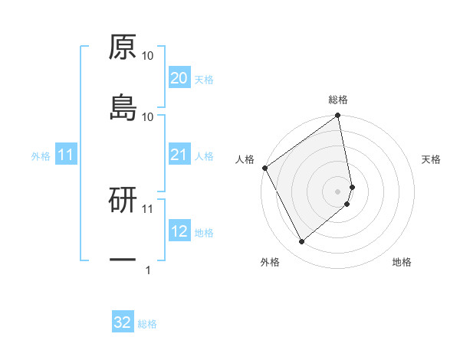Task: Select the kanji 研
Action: click(x=123, y=201)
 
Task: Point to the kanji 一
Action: click(x=123, y=260)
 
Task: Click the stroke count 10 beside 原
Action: click(x=148, y=56)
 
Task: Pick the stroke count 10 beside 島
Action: click(x=148, y=116)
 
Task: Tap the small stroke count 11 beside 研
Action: click(x=148, y=208)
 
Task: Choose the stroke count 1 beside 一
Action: click(x=148, y=270)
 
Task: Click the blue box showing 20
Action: click(x=179, y=78)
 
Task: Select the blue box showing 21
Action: click(x=179, y=155)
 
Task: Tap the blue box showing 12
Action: click(x=179, y=231)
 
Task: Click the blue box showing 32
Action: click(x=123, y=322)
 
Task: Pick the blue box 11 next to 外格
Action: click(x=66, y=155)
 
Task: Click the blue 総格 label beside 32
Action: click(x=147, y=324)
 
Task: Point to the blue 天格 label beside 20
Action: click(x=204, y=79)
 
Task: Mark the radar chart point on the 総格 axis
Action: click(x=337, y=116)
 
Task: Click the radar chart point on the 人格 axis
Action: click(x=264, y=168)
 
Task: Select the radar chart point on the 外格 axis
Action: click(x=301, y=241)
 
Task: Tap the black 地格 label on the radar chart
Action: click(x=402, y=263)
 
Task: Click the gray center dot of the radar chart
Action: click(x=338, y=190)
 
